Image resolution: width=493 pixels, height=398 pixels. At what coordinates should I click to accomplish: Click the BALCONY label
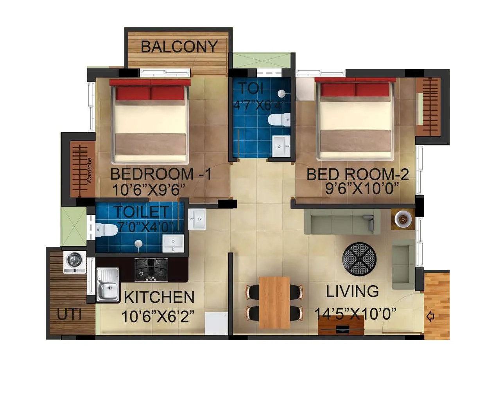tap(179, 47)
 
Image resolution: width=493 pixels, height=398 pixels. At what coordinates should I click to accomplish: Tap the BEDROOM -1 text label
tap(161, 174)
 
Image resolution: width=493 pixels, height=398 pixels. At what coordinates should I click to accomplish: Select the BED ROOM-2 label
tap(357, 174)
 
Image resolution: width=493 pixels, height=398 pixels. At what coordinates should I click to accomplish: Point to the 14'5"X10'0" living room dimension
tap(355, 313)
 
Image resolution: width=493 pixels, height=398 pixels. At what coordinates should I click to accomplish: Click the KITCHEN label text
tap(159, 297)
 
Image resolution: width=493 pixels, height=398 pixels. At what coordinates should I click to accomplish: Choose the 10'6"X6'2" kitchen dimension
tap(158, 317)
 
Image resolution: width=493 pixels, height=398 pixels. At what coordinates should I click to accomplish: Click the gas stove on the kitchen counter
tap(151, 269)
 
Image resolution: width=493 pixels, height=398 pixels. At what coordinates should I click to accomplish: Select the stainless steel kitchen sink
tap(108, 285)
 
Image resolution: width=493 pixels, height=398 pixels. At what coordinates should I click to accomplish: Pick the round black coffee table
tap(360, 259)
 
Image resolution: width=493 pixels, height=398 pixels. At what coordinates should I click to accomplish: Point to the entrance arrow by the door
tap(430, 316)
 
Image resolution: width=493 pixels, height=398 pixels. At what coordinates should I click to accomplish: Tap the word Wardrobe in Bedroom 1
tap(90, 171)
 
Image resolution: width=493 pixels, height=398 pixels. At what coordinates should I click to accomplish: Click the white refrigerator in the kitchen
tap(216, 323)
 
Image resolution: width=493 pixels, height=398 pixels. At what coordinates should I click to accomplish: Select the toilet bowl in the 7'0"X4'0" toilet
tap(105, 230)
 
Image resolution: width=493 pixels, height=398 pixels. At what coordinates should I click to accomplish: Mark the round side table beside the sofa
tap(403, 219)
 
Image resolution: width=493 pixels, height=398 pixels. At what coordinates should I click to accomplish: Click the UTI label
tap(69, 314)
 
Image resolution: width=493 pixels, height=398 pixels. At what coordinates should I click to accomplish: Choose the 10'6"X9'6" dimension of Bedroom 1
tap(148, 190)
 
